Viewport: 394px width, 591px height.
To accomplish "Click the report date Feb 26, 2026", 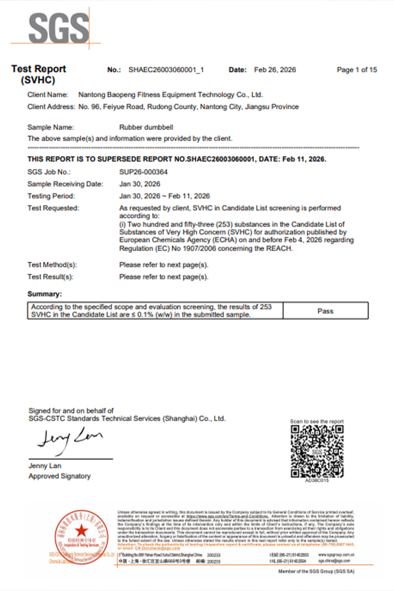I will tap(275, 69).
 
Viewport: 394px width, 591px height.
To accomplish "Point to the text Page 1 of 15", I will tap(357, 69).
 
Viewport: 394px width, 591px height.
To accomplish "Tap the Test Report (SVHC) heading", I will tap(38, 74).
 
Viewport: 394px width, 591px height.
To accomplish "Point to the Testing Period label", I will tap(51, 196).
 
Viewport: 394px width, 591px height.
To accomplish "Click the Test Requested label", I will tap(53, 208).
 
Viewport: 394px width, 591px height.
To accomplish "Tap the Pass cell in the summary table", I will tap(325, 311).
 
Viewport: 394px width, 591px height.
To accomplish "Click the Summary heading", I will tap(44, 294).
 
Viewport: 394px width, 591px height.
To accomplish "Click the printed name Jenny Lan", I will tap(45, 466).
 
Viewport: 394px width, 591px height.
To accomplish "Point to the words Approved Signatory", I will tap(59, 476).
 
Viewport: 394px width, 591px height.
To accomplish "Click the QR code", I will tap(317, 451).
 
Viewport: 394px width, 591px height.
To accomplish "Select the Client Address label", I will tap(51, 107).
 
